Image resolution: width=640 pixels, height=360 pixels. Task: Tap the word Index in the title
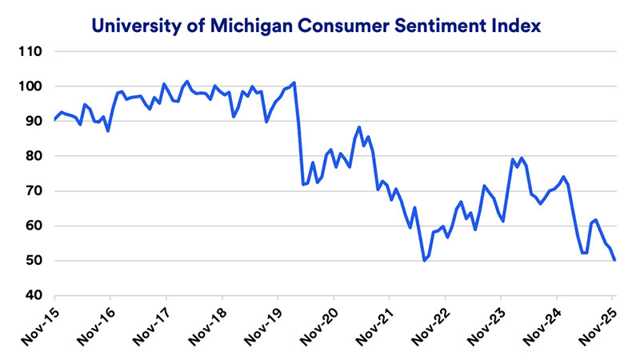tap(518, 26)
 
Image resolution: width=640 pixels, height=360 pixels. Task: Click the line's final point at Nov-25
tap(614, 260)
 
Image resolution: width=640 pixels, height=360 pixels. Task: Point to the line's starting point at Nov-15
tap(53, 120)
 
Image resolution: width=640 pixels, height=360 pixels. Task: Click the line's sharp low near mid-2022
tap(424, 261)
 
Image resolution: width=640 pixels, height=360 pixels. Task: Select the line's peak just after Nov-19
tap(295, 82)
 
